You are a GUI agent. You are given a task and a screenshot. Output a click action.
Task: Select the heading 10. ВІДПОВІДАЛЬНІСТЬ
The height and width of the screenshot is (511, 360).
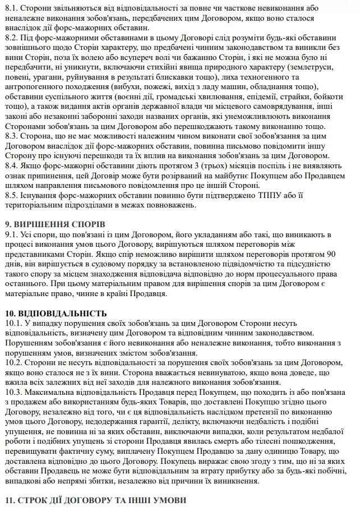coord(56,313)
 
